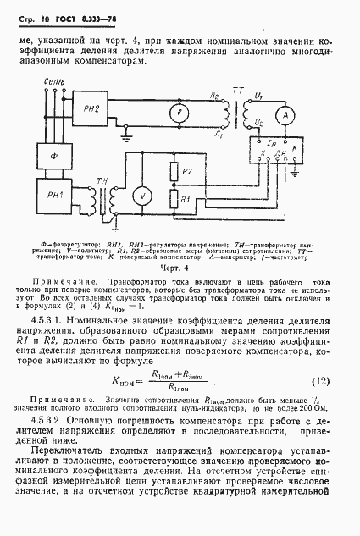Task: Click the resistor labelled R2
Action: pyautogui.click(x=174, y=172)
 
